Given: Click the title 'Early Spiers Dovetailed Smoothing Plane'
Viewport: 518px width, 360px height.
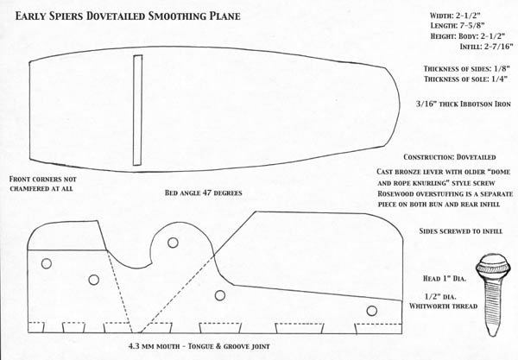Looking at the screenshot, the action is pyautogui.click(x=128, y=16).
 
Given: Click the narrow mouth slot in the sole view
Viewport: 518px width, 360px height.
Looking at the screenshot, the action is pyautogui.click(x=137, y=110).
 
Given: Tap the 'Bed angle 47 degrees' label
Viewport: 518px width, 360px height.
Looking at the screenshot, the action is pyautogui.click(x=204, y=193).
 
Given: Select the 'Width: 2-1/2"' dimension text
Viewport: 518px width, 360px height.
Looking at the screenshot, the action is pyautogui.click(x=455, y=16).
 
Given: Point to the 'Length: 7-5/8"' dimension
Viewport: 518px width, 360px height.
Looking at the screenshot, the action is pyautogui.click(x=458, y=25).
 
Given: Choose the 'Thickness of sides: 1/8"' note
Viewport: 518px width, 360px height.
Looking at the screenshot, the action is pyautogui.click(x=467, y=69).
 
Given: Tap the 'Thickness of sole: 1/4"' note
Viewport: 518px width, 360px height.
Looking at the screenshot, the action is pyautogui.click(x=466, y=79).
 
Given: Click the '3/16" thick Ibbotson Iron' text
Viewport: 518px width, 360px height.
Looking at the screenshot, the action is pyautogui.click(x=463, y=104).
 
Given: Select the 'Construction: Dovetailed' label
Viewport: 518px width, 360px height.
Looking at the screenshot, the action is pyautogui.click(x=450, y=157).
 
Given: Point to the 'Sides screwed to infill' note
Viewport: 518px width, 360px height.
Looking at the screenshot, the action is pyautogui.click(x=461, y=231).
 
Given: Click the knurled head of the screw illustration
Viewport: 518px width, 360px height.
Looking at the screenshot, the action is pyautogui.click(x=493, y=267).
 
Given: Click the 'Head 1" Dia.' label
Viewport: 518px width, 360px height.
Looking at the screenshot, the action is pyautogui.click(x=445, y=279).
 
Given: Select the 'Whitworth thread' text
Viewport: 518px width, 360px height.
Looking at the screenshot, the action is pyautogui.click(x=444, y=306).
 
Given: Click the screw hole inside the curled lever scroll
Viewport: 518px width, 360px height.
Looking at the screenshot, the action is pyautogui.click(x=173, y=243).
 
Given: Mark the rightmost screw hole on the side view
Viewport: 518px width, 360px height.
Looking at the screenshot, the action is pyautogui.click(x=371, y=311).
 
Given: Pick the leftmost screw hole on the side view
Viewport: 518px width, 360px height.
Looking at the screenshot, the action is pyautogui.click(x=47, y=263).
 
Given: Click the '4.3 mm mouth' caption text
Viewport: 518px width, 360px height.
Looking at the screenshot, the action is pyautogui.click(x=155, y=346).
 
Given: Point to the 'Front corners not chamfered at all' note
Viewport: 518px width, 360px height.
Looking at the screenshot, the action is pyautogui.click(x=42, y=184).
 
